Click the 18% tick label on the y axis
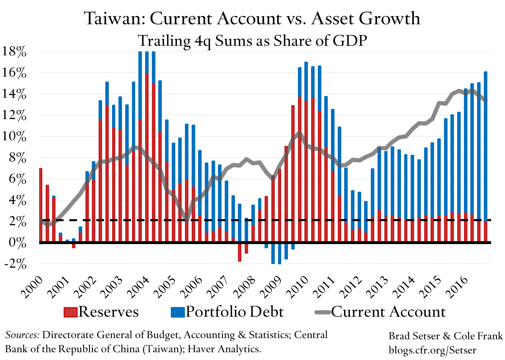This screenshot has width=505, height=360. point(14,52)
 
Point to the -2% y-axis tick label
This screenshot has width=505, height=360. point(15,264)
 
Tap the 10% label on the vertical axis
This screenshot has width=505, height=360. point(14,137)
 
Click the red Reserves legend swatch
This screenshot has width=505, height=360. point(71,312)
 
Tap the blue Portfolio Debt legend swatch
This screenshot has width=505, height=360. point(178,312)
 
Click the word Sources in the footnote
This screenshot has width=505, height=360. point(22,335)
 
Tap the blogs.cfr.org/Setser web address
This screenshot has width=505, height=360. point(432,350)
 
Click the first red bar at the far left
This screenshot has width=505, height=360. point(41,206)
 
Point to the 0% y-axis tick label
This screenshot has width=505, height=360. point(17,243)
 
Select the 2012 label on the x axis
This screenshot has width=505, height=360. point(352,287)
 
